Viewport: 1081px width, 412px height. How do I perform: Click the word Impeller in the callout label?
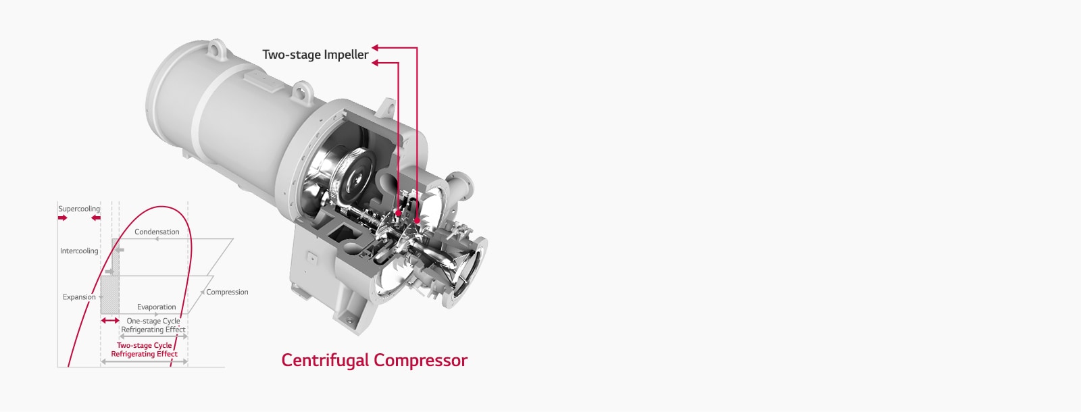point(346,55)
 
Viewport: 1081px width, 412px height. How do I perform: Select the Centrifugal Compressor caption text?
point(374,360)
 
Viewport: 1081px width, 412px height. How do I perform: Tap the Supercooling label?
point(78,209)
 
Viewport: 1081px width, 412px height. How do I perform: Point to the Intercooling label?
point(79,251)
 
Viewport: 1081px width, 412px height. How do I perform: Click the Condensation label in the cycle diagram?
point(157,232)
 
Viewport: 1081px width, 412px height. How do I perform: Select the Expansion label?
point(79,297)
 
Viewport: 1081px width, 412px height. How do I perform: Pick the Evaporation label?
point(156,307)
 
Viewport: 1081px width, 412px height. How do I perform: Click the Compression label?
point(227,292)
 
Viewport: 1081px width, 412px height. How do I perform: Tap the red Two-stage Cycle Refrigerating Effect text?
point(144,349)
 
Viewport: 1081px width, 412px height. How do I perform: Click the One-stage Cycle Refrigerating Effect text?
point(153,326)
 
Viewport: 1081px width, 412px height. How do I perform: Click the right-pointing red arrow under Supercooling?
point(63,218)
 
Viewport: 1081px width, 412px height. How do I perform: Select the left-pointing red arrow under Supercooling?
point(95,218)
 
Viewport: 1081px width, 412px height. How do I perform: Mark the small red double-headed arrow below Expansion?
point(110,320)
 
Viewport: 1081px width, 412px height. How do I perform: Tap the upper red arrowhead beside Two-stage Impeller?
point(375,48)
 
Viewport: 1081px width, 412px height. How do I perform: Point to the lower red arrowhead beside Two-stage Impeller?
point(375,63)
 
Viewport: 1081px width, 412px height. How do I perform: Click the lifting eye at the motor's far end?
point(216,48)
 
